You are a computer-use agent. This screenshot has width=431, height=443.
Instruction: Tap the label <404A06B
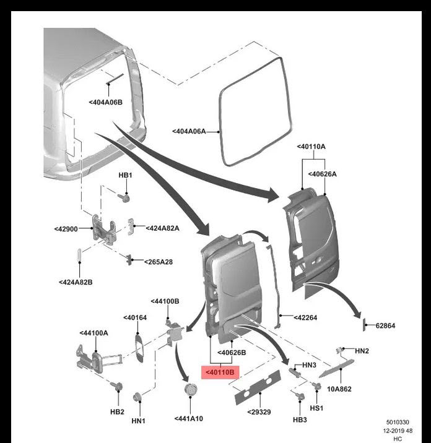point(105,101)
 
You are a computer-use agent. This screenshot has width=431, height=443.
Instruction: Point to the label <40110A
point(311,147)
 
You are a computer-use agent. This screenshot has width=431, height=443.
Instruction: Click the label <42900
point(66,229)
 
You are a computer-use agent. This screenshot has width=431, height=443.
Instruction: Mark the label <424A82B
point(76,282)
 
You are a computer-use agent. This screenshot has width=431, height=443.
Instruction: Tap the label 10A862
point(339,389)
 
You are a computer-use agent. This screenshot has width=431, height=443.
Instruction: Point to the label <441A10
point(189,418)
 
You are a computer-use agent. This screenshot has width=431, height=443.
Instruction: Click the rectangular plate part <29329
point(251,387)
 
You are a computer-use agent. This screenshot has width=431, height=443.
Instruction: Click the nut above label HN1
point(137,396)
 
